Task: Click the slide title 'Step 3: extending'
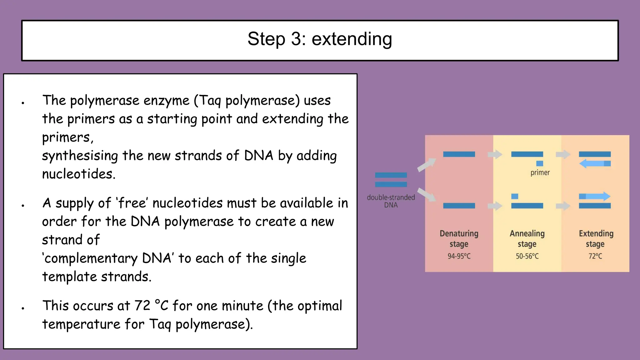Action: [320, 39]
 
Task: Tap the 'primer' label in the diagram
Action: [540, 173]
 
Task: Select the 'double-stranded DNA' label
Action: [391, 201]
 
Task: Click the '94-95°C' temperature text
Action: [459, 256]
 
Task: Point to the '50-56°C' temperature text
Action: [527, 256]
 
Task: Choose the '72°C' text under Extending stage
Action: [595, 256]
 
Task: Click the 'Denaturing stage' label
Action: [459, 239]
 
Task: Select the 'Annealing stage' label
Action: [527, 239]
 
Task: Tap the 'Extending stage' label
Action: [596, 239]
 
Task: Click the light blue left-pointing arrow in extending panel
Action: [592, 163]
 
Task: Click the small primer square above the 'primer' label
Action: [540, 163]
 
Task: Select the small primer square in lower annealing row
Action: [515, 196]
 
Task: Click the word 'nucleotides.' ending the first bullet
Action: [79, 174]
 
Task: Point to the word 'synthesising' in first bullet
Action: [80, 156]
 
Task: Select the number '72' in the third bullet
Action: [142, 306]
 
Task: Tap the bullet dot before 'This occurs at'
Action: [23, 308]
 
